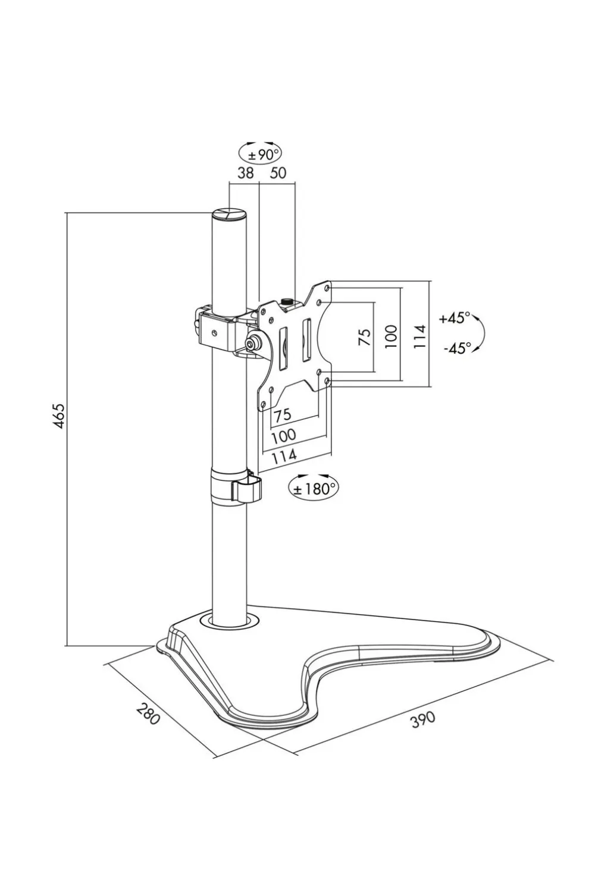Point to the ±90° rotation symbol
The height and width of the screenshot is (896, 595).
(260, 154)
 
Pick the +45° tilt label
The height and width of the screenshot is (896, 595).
(455, 318)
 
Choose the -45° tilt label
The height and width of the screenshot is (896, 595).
(456, 348)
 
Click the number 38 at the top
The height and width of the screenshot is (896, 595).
(245, 173)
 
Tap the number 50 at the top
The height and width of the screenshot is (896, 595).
(278, 173)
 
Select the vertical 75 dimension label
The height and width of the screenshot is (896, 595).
(365, 337)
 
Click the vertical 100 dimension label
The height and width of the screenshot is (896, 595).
(391, 337)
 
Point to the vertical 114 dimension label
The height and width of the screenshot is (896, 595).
(420, 337)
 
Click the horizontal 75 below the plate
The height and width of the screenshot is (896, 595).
(282, 415)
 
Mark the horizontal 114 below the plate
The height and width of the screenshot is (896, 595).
(284, 457)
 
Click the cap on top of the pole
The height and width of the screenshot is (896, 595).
(230, 214)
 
